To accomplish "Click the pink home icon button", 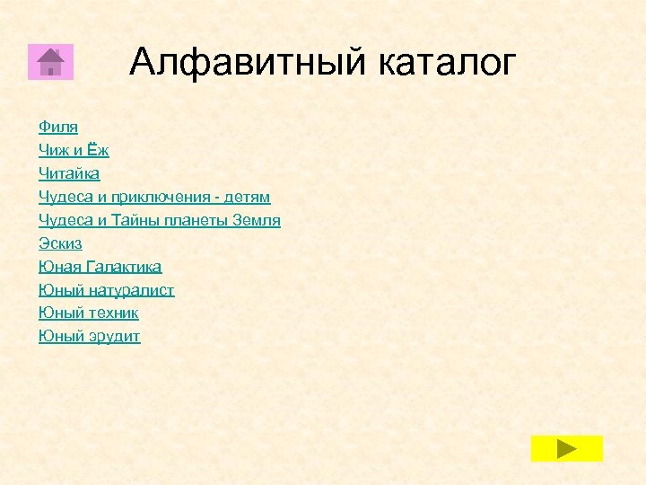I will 50,61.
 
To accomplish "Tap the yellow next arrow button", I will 566,448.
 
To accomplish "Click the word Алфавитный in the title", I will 248,62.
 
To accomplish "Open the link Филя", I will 58,127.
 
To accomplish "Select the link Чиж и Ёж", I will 74,150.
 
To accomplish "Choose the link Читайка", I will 69,173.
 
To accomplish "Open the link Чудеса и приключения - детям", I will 154,197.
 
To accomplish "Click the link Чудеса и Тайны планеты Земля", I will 160,220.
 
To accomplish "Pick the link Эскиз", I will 60,243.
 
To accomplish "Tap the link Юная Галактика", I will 100,267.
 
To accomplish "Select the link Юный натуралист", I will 107,290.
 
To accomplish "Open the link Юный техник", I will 89,313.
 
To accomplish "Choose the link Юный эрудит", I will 90,337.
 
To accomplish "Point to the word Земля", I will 257,220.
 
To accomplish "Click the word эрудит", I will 114,337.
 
